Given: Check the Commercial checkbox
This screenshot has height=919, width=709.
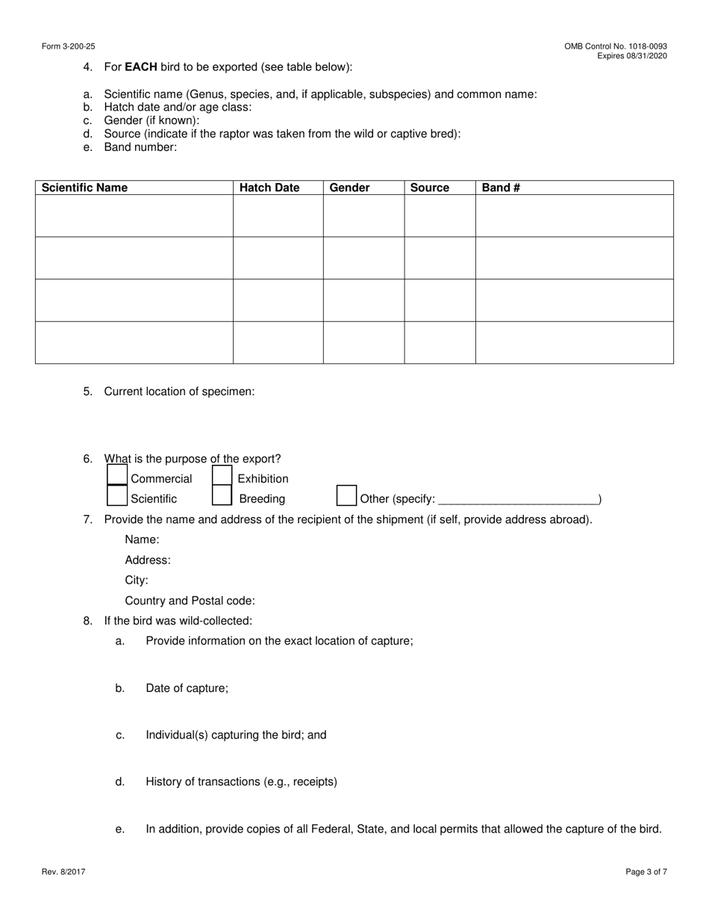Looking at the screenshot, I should click(117, 475).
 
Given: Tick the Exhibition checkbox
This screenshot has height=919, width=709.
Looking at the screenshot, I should click(222, 475).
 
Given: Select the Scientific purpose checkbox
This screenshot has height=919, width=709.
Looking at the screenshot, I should click(117, 495).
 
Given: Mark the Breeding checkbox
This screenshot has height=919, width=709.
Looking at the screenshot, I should click(222, 495).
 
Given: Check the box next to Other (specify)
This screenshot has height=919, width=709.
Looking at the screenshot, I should click(346, 495).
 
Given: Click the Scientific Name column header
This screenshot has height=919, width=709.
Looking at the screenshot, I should click(84, 188).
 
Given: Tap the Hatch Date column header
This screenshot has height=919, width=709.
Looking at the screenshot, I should click(269, 188).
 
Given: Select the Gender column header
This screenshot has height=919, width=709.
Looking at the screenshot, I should click(349, 188).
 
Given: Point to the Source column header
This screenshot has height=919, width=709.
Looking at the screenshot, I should click(430, 188).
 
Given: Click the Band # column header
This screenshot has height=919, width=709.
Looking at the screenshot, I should click(501, 188).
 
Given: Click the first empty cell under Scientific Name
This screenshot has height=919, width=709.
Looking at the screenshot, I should click(134, 216).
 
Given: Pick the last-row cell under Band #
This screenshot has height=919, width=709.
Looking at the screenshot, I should click(574, 343).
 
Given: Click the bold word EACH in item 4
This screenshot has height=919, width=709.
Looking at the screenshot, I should click(141, 66).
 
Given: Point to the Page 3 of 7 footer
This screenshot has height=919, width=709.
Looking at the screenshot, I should click(646, 871).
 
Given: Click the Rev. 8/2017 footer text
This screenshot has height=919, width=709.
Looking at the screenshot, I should click(63, 871).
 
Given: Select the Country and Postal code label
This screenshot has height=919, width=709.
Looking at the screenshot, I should click(190, 601).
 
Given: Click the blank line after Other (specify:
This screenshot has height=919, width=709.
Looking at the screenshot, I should click(518, 499).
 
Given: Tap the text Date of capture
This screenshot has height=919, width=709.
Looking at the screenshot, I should click(187, 688).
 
